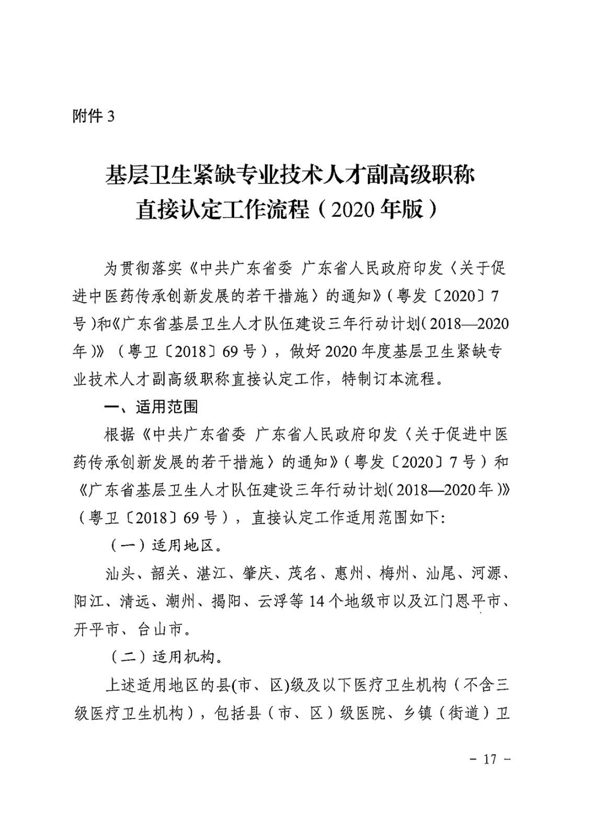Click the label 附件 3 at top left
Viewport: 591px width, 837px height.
(x=93, y=116)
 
